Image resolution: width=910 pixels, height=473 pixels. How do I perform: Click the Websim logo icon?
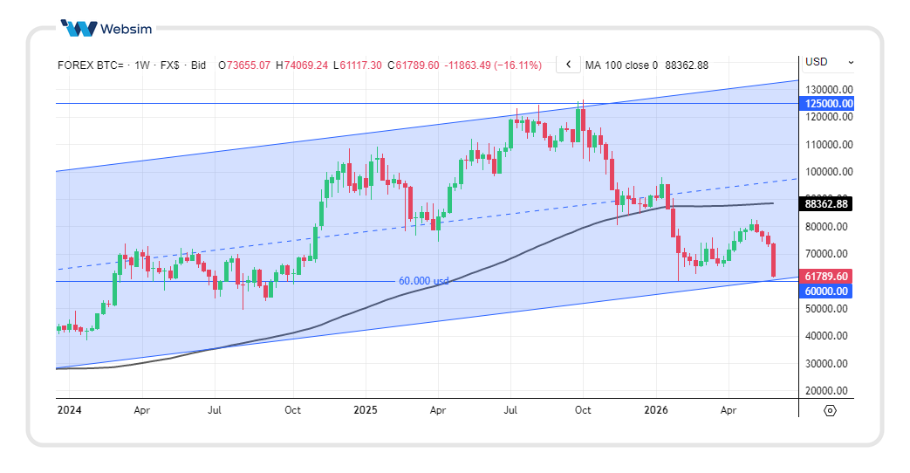(x=79, y=29)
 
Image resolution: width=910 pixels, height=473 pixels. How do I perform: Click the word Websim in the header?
(x=126, y=29)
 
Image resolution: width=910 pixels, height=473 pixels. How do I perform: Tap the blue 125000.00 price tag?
(x=826, y=104)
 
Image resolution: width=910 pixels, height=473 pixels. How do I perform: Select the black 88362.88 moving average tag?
(x=826, y=203)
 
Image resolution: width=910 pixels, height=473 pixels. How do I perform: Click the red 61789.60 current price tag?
(x=826, y=277)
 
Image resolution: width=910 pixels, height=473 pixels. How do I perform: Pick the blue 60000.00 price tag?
(x=826, y=291)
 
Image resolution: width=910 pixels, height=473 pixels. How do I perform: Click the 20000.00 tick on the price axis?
(x=826, y=391)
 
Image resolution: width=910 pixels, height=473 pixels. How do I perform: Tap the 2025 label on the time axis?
(x=366, y=410)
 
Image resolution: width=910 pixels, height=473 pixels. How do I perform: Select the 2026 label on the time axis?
(x=656, y=410)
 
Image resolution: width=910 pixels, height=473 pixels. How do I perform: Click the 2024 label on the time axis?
(x=69, y=410)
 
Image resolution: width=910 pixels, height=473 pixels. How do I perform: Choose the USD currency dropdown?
(x=830, y=62)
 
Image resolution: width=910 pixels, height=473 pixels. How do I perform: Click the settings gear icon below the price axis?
(x=830, y=410)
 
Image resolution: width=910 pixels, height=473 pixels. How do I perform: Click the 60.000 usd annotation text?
(x=424, y=281)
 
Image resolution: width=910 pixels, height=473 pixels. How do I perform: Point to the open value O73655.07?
(x=244, y=65)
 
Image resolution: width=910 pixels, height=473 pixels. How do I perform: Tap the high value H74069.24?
(x=302, y=65)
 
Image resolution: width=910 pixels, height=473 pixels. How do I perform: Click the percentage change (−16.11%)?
(x=517, y=65)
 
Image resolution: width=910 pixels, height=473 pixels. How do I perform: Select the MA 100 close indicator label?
(x=621, y=65)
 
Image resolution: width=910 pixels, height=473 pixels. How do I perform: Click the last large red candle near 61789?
(x=774, y=260)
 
